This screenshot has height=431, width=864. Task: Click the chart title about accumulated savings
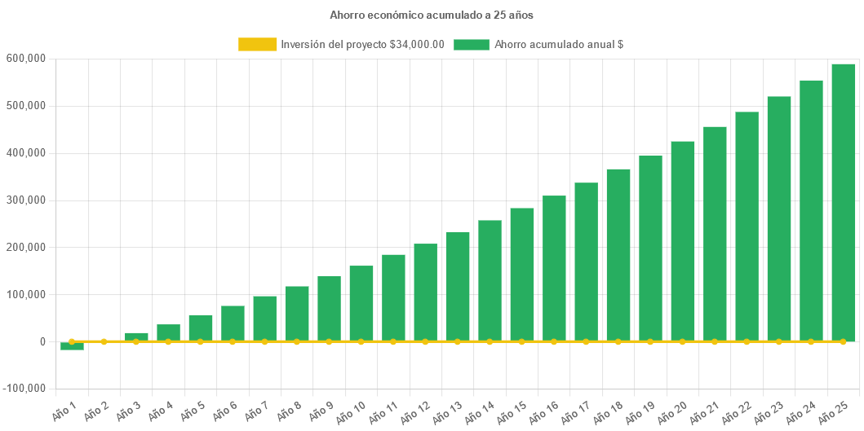(432, 15)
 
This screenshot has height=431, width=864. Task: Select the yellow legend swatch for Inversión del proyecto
(257, 45)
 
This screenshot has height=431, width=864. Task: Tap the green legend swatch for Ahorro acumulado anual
(471, 45)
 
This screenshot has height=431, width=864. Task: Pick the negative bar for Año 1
(72, 346)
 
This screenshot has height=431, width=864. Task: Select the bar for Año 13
(458, 286)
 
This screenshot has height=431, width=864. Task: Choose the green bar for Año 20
(683, 241)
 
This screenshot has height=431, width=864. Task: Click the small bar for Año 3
(136, 336)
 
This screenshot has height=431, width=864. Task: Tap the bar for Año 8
(297, 314)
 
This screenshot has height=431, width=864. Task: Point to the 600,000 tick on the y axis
(25, 59)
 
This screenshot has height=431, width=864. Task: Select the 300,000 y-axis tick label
(25, 200)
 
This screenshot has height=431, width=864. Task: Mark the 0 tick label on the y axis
(42, 342)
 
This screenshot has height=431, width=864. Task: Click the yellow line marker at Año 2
(104, 341)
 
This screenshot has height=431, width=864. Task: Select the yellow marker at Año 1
(72, 341)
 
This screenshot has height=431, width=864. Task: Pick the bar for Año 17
(586, 262)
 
